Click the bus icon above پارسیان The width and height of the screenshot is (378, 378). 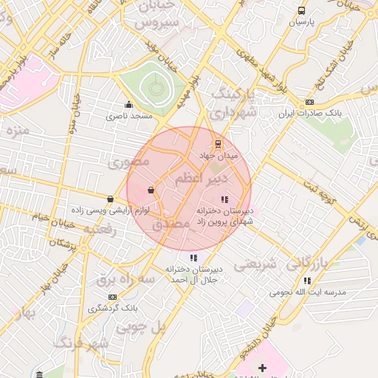click(x=301, y=10)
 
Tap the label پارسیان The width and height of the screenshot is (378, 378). click(x=301, y=23)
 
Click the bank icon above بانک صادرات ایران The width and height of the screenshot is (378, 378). click(x=309, y=103)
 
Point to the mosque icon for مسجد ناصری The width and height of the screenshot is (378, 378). click(x=129, y=104)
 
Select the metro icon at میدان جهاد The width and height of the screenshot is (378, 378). click(x=217, y=144)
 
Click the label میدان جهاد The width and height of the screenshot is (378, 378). click(x=217, y=157)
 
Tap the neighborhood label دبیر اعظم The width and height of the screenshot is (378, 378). click(x=199, y=178)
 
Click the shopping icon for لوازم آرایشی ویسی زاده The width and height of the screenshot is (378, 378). click(x=111, y=199)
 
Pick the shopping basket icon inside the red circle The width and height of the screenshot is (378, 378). click(x=151, y=190)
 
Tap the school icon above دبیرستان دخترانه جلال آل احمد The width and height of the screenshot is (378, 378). click(x=193, y=258)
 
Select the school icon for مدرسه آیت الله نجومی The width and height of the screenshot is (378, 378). click(x=307, y=281)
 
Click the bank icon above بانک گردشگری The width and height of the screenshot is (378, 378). click(x=113, y=296)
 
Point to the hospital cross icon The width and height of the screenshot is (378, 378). click(x=262, y=368)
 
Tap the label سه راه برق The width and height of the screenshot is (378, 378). click(x=117, y=280)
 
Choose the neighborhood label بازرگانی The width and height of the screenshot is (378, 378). click(x=306, y=263)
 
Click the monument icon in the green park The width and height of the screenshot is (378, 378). click(x=156, y=86)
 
